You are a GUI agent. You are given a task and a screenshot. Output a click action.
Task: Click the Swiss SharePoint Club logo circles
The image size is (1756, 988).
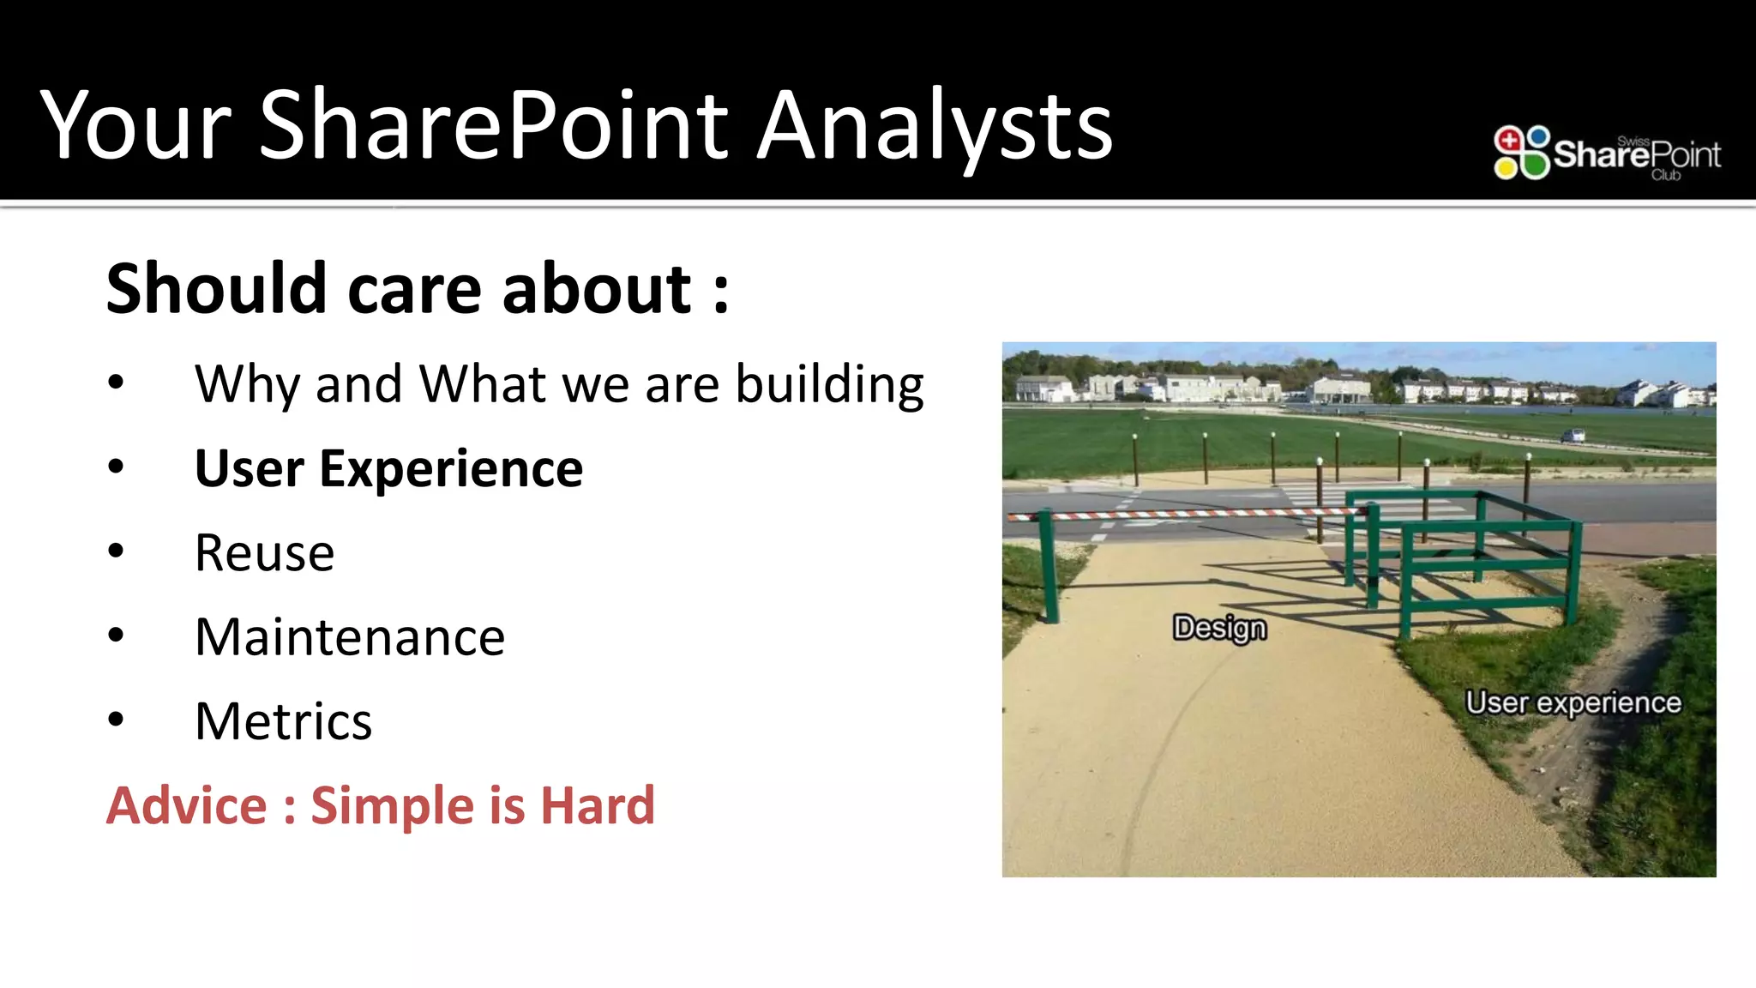(1521, 153)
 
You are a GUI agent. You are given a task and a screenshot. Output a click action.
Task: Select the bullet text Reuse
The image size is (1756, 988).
(264, 553)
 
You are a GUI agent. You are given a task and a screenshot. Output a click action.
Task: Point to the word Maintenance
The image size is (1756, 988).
(350, 637)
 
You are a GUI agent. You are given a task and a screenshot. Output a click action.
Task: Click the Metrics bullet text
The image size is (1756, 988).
(283, 721)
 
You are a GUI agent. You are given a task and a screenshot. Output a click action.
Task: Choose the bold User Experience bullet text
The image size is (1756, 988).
(388, 469)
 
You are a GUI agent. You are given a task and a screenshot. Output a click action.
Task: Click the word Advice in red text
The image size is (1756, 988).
(186, 806)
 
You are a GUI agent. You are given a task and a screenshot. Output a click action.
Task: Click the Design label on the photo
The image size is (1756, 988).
(1219, 628)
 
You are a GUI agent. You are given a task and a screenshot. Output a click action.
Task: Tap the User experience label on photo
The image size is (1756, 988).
(1573, 703)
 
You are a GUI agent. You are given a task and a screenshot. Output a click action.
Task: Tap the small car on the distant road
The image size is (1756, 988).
(1572, 436)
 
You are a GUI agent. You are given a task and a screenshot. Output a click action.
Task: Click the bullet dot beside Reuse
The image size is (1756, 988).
(116, 551)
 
